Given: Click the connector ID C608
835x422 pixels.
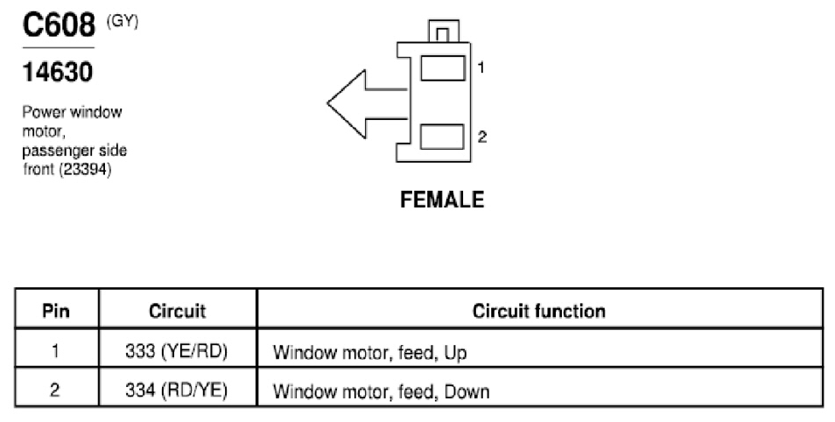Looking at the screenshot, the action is pos(59,25).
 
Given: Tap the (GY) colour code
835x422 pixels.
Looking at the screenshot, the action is pos(123,21).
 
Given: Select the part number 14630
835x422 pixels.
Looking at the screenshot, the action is pos(58,72).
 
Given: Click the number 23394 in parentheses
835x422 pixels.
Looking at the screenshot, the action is pos(85,170).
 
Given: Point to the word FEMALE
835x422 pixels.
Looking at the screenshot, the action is pos(442,200).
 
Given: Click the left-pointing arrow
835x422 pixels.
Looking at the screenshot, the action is pos(368,104).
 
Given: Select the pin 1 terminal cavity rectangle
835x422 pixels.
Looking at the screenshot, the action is pos(443,68).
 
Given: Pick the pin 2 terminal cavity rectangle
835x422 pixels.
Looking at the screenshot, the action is pos(442,137).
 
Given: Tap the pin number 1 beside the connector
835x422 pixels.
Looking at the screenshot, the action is pos(481,67).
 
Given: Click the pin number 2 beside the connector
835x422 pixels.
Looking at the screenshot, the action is pos(482,137).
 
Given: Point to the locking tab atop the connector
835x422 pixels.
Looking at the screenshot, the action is pos(444,31).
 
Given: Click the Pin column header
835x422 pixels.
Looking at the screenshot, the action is pos(56,311).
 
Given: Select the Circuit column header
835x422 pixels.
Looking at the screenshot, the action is pos(178,311).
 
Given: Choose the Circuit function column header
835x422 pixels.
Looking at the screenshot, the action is pos(539,311).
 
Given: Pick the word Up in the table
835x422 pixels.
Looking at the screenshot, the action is pos(456,353).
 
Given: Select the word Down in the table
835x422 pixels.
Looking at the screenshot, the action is pos(467,391).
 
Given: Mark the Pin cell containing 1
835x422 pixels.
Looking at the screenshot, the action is pos(55,351).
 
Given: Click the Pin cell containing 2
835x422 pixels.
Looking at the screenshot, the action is pos(55,390).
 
